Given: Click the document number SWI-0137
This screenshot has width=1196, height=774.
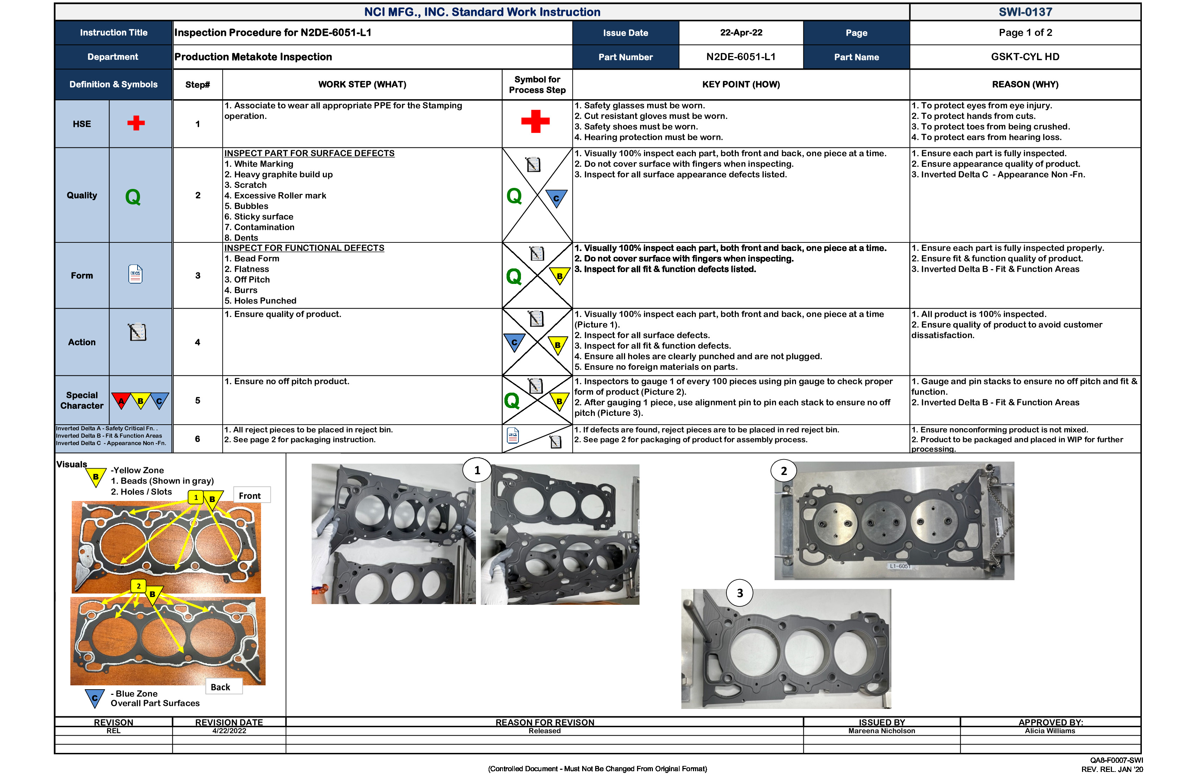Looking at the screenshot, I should pos(1025,12).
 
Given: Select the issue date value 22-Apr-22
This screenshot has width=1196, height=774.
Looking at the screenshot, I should pos(741,33).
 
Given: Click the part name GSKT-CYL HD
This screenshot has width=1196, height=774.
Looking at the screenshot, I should pos(1025,57).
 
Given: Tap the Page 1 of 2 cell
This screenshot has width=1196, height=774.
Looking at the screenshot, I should pos(1025,33).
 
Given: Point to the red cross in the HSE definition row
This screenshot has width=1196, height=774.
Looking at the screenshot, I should pos(136,123).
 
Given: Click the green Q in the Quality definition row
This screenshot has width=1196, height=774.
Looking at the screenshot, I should pos(133,197).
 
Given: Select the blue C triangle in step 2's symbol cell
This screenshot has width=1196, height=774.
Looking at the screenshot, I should pos(556,197).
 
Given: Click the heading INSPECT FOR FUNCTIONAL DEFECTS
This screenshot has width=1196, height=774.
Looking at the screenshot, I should pos(304,248).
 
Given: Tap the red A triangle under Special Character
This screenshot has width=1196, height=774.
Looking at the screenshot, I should pos(121,400).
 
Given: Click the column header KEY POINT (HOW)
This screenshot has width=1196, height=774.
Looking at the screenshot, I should pos(741,84).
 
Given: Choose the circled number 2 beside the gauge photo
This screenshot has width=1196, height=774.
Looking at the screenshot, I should pos(783,471).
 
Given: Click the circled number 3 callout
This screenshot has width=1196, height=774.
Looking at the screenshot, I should pos(740,593).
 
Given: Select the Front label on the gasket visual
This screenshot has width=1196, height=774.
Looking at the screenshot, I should pos(250,496).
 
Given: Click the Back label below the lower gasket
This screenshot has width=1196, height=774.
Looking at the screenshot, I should pos(221,687).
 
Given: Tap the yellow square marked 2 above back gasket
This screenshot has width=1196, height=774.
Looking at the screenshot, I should pos(139,586).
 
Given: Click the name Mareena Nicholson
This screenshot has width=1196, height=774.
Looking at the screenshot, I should pos(882,731).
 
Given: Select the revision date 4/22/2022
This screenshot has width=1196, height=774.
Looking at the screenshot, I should pos(229,731).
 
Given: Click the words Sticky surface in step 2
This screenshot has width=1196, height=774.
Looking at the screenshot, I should pos(263,217).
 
